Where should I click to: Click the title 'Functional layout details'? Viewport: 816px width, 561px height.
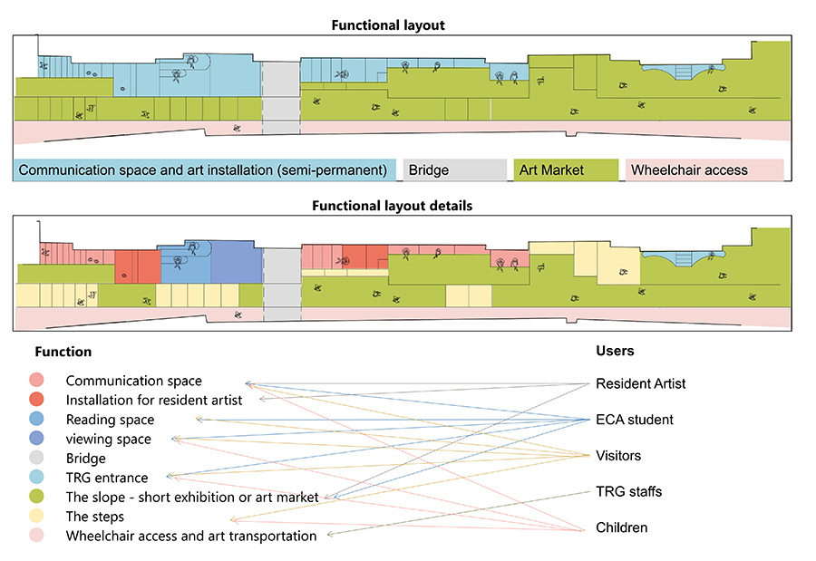pyautogui.click(x=392, y=206)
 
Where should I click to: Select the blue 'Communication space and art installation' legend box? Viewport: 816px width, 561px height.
pyautogui.click(x=205, y=170)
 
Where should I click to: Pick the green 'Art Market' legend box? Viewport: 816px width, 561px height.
pyautogui.click(x=566, y=170)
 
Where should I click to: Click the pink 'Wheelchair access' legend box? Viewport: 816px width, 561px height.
pyautogui.click(x=704, y=170)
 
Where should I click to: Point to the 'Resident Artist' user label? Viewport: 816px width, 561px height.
pyautogui.click(x=641, y=383)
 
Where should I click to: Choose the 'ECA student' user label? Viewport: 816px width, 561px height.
pyautogui.click(x=635, y=420)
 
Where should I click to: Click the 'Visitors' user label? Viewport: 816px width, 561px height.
pyautogui.click(x=618, y=455)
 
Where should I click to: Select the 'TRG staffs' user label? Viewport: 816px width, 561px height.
pyautogui.click(x=628, y=491)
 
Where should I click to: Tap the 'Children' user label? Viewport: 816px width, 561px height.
pyautogui.click(x=621, y=527)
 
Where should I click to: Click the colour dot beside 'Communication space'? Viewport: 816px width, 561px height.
pyautogui.click(x=36, y=380)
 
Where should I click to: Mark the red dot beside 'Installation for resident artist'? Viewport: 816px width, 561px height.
pyautogui.click(x=36, y=399)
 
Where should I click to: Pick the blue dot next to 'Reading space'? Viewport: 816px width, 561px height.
pyautogui.click(x=36, y=419)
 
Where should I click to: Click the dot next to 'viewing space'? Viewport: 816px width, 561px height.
pyautogui.click(x=36, y=438)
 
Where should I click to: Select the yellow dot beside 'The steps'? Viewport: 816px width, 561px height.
pyautogui.click(x=36, y=516)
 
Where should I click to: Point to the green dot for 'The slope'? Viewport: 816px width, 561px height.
pyautogui.click(x=36, y=497)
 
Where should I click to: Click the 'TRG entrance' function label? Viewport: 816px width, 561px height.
pyautogui.click(x=107, y=478)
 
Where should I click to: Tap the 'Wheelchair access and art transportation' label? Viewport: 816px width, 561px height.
pyautogui.click(x=191, y=536)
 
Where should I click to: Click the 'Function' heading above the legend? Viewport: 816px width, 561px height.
pyautogui.click(x=63, y=352)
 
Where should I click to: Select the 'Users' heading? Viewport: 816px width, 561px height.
pyautogui.click(x=615, y=351)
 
